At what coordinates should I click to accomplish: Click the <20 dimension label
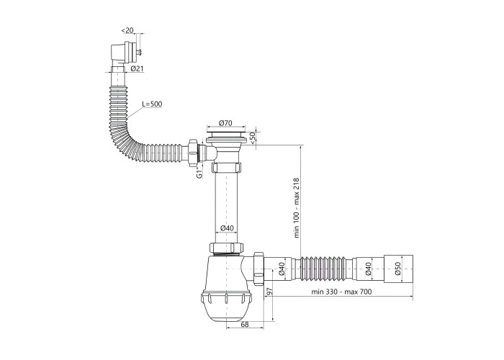pyautogui.click(x=127, y=30)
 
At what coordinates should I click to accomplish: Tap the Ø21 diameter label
pyautogui.click(x=138, y=68)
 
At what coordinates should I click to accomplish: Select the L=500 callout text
pyautogui.click(x=152, y=104)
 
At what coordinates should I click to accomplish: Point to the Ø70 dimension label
pyautogui.click(x=225, y=122)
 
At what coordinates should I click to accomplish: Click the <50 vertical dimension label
pyautogui.click(x=252, y=138)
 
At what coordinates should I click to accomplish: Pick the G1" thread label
pyautogui.click(x=199, y=173)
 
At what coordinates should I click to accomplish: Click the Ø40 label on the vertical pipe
pyautogui.click(x=227, y=228)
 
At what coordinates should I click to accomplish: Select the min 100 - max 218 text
pyautogui.click(x=297, y=208)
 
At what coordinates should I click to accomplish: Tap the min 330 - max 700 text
pyautogui.click(x=341, y=292)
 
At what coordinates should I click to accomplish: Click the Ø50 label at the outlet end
pyautogui.click(x=398, y=269)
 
